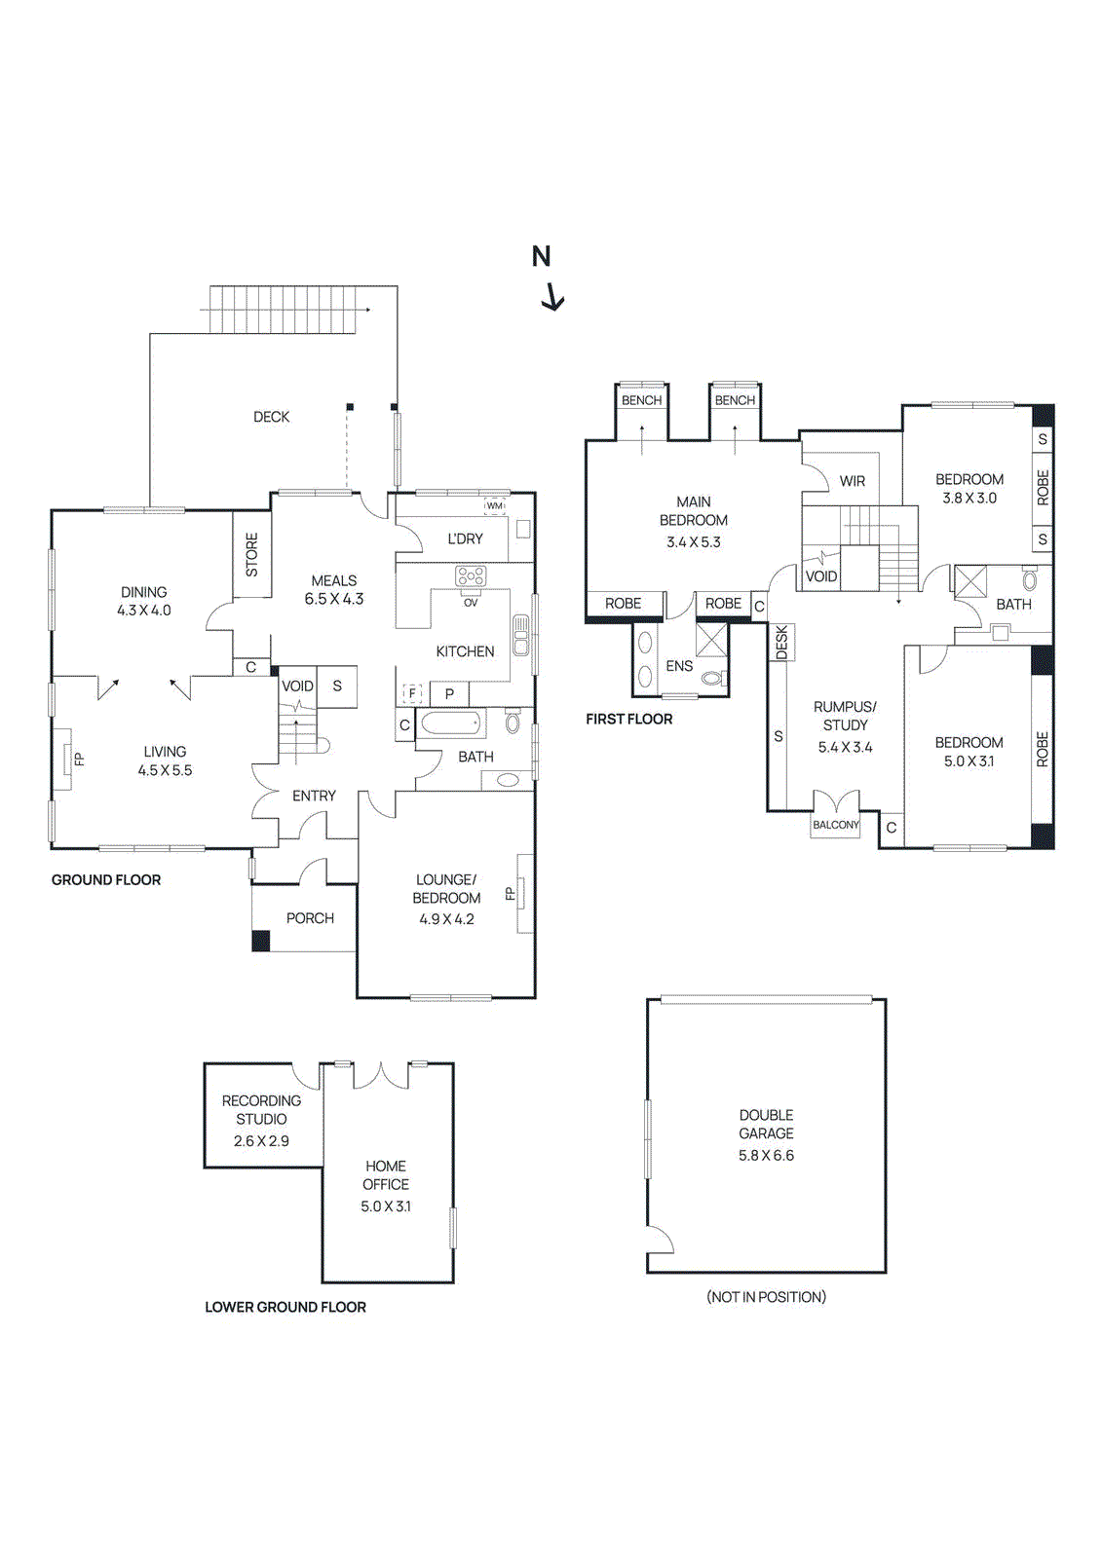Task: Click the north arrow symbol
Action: point(551,295)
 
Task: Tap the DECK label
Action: point(271,417)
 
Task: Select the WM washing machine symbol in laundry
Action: point(495,506)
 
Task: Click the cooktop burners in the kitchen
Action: point(471,576)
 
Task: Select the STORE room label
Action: point(252,554)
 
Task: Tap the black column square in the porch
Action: point(261,941)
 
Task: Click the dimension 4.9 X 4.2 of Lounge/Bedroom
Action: point(446,919)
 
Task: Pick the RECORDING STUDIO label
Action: point(261,1110)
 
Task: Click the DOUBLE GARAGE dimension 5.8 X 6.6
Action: point(766,1156)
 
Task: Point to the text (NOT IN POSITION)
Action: point(766,1297)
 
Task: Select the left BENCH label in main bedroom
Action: point(641,400)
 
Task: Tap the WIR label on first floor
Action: point(853,481)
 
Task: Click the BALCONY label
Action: point(836,825)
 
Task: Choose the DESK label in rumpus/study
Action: point(781,643)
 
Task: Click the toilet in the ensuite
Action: point(713,678)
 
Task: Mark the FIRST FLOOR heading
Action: point(628,720)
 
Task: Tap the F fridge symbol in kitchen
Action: point(412,694)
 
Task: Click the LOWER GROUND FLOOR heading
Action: point(285,1308)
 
